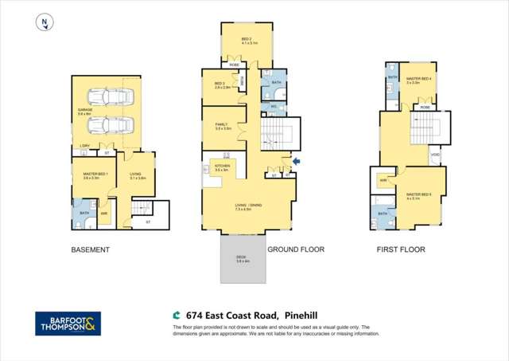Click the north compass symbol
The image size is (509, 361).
point(45,24)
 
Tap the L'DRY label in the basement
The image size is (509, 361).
point(84,145)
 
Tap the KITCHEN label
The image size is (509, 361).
point(223,167)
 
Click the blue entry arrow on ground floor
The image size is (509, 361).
point(297,162)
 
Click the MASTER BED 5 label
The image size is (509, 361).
point(418,195)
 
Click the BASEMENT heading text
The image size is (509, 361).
point(90,249)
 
